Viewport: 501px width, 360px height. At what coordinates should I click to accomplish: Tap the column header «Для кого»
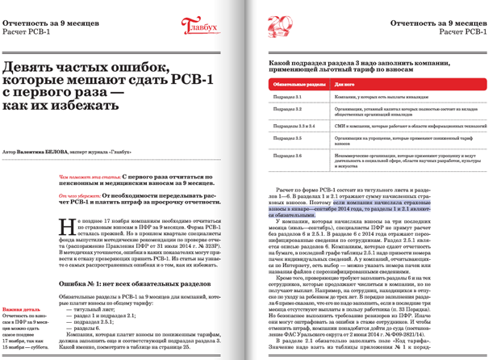344,83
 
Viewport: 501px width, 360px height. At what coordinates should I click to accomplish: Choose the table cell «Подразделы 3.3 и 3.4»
292,126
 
